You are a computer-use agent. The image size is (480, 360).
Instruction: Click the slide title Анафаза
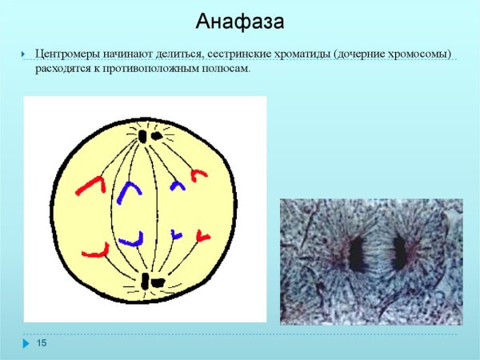coord(240,22)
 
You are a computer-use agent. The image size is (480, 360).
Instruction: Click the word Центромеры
coord(69,54)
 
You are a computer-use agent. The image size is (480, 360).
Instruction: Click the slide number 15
coord(42,343)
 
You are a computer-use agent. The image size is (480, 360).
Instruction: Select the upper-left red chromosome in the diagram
coord(91,186)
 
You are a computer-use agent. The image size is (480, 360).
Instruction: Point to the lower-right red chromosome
coord(202,236)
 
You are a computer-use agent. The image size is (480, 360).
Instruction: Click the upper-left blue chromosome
coord(126,193)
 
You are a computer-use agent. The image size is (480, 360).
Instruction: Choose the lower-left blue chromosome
coord(131,239)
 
